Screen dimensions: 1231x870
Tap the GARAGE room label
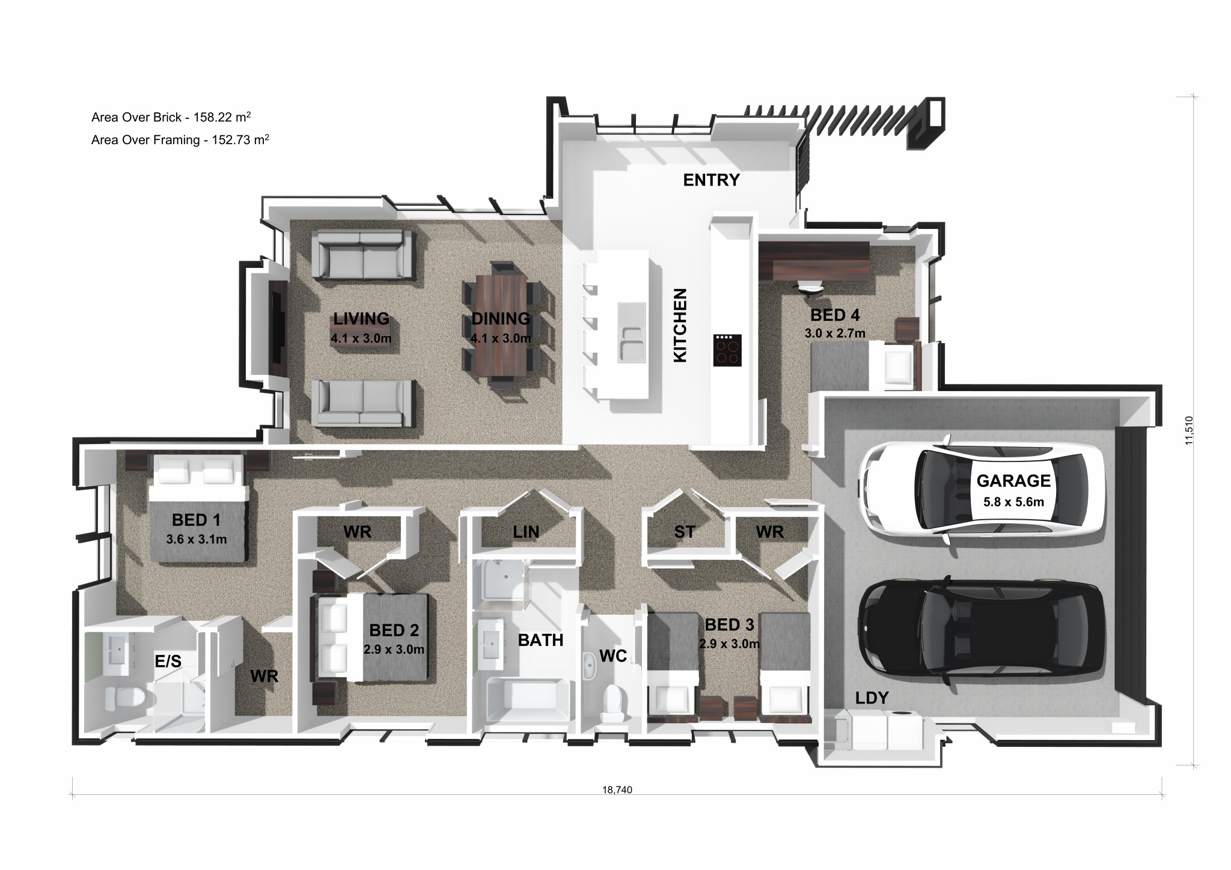coord(1013,481)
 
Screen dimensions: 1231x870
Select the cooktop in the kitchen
coord(727,350)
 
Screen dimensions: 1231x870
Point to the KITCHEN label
coord(680,325)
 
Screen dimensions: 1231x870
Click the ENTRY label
coord(711,180)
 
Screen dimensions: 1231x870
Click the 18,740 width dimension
coord(617,789)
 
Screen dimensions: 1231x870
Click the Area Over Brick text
coord(171,117)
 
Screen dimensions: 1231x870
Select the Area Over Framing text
coord(180,140)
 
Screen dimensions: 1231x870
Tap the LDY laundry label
coord(872,698)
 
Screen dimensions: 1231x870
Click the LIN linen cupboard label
coord(526,532)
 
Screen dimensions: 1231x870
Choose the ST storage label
coord(685,532)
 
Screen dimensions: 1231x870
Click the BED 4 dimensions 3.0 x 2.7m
coord(835,333)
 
